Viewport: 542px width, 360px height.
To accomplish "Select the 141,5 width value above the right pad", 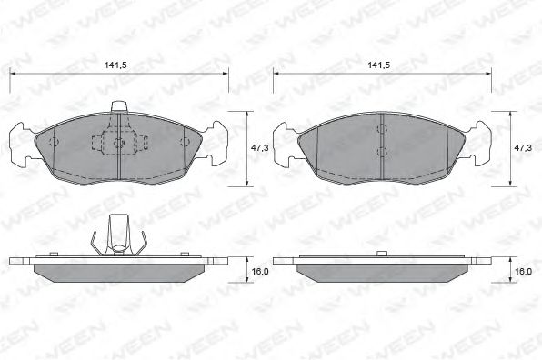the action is point(379,65).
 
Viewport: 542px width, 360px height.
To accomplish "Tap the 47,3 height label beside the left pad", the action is point(259,148).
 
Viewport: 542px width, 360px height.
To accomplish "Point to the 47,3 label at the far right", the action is point(523,148).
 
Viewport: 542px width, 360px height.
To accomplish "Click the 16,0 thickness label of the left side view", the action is point(260,272).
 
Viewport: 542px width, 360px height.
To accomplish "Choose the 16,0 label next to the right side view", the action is point(523,272).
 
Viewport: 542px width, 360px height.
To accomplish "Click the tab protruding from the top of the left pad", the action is point(118,106).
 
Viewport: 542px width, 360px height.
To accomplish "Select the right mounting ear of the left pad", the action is point(216,144).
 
